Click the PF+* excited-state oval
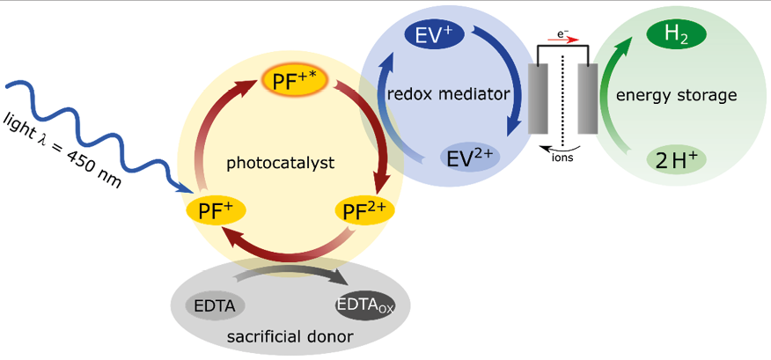pos(295,82)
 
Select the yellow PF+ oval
pos(215,210)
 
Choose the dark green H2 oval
pos(677,34)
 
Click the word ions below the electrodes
pos(560,159)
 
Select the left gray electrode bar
pos(538,99)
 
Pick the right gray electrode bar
pos(588,99)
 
